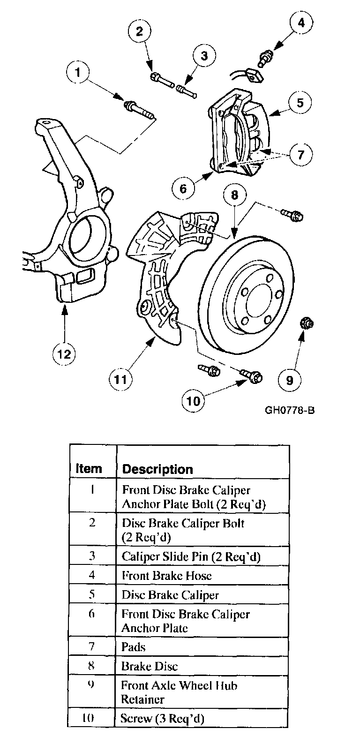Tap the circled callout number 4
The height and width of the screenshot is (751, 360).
click(x=301, y=23)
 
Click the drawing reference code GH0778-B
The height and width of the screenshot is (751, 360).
click(x=289, y=411)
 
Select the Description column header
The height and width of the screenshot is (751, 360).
click(x=157, y=469)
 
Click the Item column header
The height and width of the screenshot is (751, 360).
click(x=89, y=468)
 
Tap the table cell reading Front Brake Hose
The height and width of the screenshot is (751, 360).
click(x=166, y=575)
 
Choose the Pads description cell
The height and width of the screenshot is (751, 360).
click(x=134, y=647)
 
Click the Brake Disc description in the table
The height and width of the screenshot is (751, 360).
click(x=150, y=666)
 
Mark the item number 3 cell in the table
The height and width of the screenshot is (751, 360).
click(x=92, y=556)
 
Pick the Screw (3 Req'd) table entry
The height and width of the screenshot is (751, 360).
click(x=162, y=718)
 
